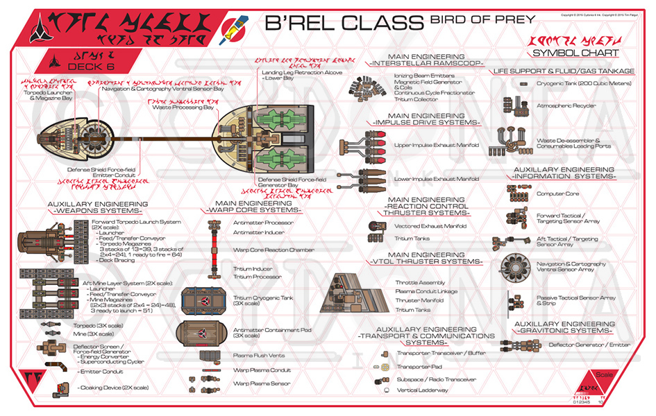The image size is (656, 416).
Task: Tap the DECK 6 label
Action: click(85, 66)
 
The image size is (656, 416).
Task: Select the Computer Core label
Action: click(557, 193)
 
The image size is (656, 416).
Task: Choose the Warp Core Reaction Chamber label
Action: click(269, 250)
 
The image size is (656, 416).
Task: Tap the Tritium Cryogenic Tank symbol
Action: click(205, 300)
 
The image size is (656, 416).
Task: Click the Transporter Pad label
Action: click(414, 367)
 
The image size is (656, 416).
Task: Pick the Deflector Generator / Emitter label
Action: click(589, 345)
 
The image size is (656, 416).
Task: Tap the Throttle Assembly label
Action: click(420, 283)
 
